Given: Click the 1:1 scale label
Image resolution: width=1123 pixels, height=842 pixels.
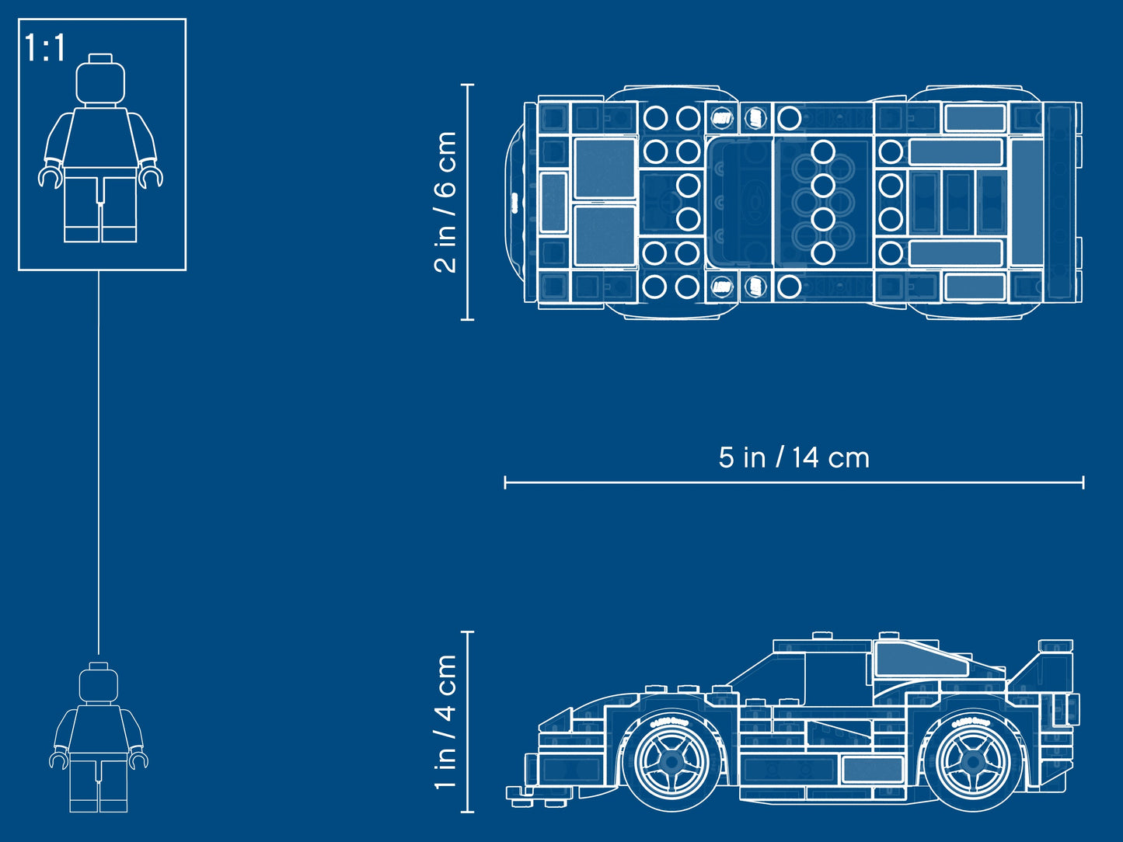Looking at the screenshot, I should [x=44, y=48].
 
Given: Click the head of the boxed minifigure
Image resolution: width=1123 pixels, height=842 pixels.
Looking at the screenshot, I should [x=100, y=81].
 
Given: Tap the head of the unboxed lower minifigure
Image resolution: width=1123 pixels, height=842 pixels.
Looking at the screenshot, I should [x=99, y=683].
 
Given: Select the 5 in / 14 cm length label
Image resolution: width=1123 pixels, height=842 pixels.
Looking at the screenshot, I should [x=793, y=458].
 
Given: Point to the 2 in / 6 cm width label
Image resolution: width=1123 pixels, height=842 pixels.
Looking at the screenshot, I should [x=445, y=201].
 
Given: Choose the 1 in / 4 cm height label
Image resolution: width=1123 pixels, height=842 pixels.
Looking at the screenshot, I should [x=445, y=722].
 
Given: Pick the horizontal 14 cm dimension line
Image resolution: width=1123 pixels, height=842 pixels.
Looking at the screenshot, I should [x=793, y=482].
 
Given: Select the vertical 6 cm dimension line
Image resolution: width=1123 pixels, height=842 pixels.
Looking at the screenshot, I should [x=468, y=201].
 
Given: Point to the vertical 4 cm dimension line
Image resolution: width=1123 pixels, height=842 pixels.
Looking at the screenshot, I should [x=468, y=722].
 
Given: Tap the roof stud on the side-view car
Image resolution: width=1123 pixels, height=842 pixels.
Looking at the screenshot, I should [x=822, y=635].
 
